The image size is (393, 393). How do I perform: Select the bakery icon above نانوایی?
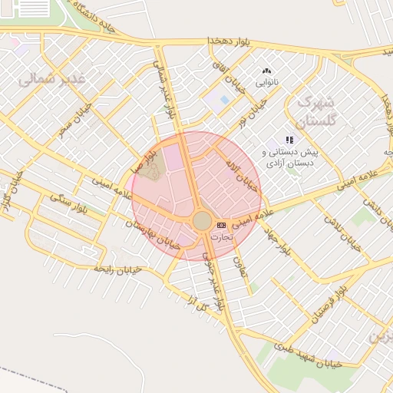coord(266,71)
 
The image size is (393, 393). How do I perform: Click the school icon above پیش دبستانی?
coord(289,140)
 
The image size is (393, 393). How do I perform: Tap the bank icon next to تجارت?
coord(222,225)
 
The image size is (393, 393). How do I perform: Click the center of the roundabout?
coord(202,221)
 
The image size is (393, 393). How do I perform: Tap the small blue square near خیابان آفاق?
coord(224,100)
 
